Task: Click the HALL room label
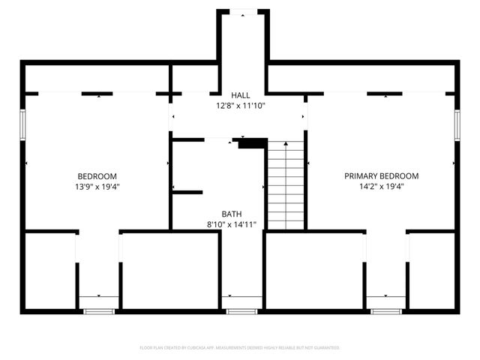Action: (240, 95)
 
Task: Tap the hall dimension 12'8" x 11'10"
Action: (240, 106)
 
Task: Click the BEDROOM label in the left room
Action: (97, 176)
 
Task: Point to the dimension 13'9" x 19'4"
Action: (97, 187)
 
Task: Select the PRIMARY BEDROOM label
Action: (381, 176)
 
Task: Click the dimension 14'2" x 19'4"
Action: (381, 187)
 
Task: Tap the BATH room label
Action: (232, 214)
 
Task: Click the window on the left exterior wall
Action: (23, 124)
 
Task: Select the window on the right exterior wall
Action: (457, 124)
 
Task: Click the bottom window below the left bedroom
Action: (98, 310)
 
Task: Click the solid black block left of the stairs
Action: (253, 143)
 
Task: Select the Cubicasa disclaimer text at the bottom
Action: (240, 348)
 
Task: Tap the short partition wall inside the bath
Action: (187, 193)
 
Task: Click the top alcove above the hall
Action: (243, 37)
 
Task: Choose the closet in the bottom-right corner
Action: (432, 270)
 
